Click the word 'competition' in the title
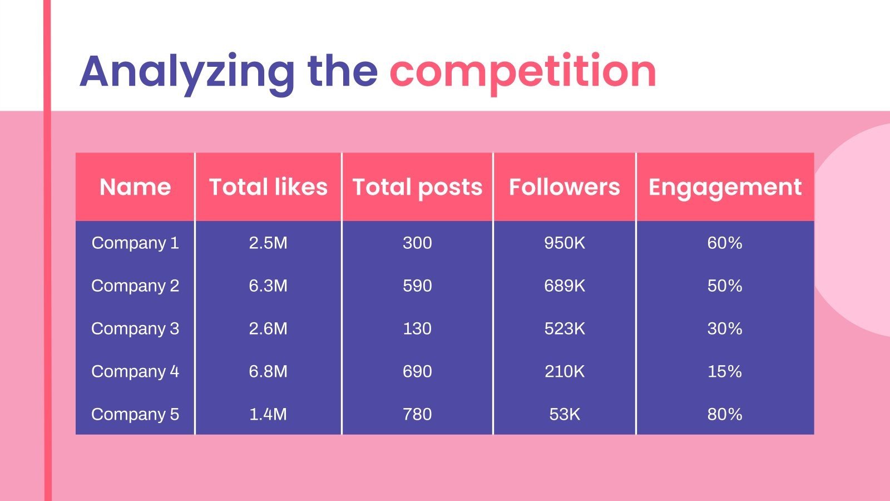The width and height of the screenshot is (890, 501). pyautogui.click(x=522, y=71)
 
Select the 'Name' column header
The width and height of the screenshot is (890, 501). pyautogui.click(x=135, y=187)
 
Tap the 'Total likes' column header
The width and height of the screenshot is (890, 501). pyautogui.click(x=268, y=187)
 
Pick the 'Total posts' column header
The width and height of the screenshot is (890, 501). pyautogui.click(x=417, y=187)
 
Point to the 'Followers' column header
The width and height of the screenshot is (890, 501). pyautogui.click(x=564, y=187)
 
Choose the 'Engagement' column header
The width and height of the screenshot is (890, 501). pyautogui.click(x=725, y=187)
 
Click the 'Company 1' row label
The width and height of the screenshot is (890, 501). pyautogui.click(x=135, y=243)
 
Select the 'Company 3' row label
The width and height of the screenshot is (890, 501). pyautogui.click(x=135, y=328)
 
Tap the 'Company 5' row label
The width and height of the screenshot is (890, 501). pyautogui.click(x=135, y=414)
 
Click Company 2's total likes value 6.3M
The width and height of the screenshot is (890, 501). pyautogui.click(x=268, y=286)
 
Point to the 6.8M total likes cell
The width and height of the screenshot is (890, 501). pyautogui.click(x=268, y=371)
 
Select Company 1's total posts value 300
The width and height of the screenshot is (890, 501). pyautogui.click(x=417, y=243)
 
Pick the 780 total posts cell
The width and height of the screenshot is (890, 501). pyautogui.click(x=417, y=414)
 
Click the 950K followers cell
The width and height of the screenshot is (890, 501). pyautogui.click(x=564, y=243)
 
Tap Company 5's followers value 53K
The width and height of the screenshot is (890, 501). pyautogui.click(x=564, y=414)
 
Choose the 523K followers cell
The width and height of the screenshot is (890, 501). pyautogui.click(x=564, y=328)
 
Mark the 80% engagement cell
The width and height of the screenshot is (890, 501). pyautogui.click(x=724, y=414)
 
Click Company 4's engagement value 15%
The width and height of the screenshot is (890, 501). pyautogui.click(x=724, y=371)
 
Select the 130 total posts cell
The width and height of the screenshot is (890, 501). pyautogui.click(x=417, y=328)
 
